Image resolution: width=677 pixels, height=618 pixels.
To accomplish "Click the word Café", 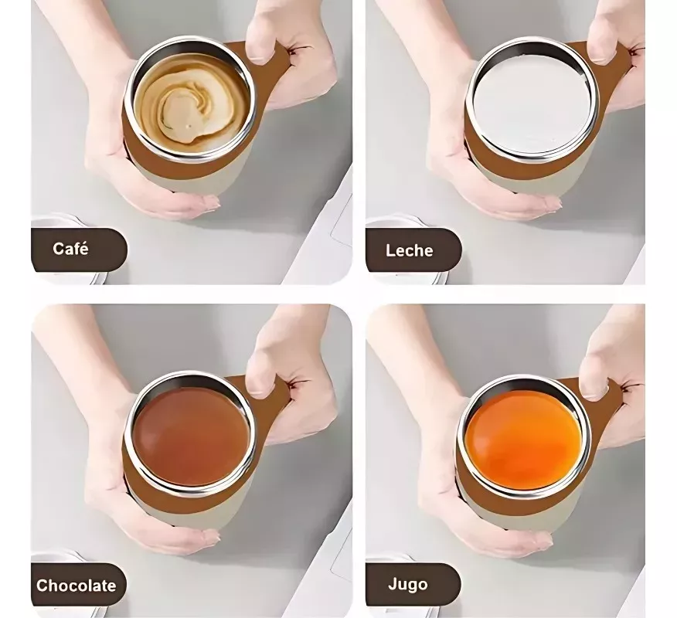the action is [x=70, y=248].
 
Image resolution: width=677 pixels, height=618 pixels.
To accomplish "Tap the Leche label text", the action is [x=410, y=250].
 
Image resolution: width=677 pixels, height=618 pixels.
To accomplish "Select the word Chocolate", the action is [x=77, y=586].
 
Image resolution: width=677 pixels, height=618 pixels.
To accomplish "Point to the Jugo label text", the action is [x=408, y=584].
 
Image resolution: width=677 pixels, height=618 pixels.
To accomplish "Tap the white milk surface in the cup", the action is [x=531, y=104].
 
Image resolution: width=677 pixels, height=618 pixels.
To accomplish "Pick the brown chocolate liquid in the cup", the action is [x=191, y=436].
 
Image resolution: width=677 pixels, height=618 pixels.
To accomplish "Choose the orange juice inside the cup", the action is [x=523, y=441].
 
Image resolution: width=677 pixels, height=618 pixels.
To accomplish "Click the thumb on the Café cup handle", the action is [x=261, y=39].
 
